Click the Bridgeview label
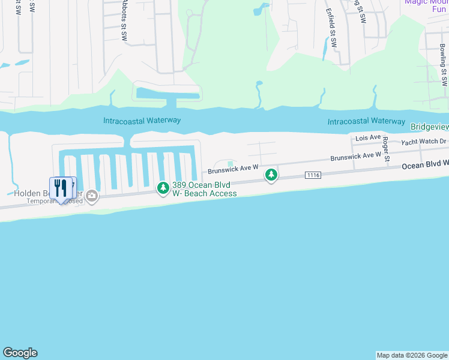tap(429, 127)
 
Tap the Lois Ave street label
tap(368, 138)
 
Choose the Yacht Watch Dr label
tap(424, 142)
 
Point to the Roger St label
tap(386, 149)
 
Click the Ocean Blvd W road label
tap(425, 164)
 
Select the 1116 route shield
tap(313, 175)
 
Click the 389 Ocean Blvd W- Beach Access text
tap(204, 189)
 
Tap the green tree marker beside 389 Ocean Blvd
tap(163, 188)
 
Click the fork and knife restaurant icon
tap(61, 188)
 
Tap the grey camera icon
tap(92, 195)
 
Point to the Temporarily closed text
tap(54, 202)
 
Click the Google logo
tap(20, 353)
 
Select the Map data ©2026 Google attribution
tap(412, 355)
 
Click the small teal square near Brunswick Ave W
tap(230, 163)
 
